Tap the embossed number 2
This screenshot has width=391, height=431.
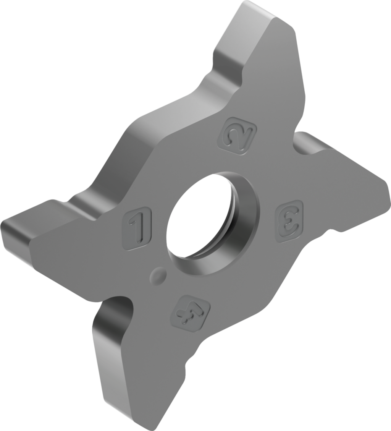[237, 136]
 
